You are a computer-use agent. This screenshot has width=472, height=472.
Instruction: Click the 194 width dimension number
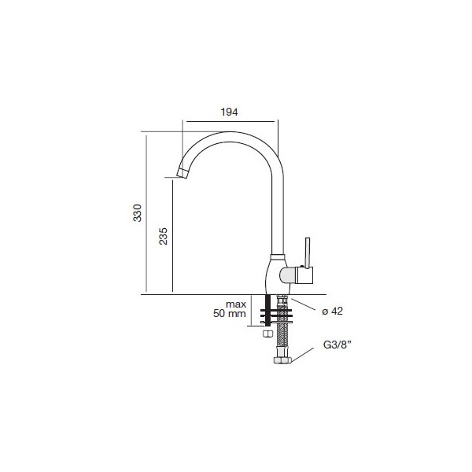pos(230,112)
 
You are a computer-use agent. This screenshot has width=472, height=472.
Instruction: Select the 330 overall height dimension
pos(137,213)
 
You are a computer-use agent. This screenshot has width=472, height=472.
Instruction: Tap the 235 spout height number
pos(163,236)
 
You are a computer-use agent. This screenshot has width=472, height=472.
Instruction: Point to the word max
pos(236,304)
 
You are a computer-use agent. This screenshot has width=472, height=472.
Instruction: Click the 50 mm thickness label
pos(230,313)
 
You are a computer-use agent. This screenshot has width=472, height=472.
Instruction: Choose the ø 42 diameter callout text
pos(332,311)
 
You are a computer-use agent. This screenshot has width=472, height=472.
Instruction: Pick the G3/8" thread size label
pos(337,345)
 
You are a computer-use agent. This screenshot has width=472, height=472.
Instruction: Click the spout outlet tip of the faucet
pos(183,173)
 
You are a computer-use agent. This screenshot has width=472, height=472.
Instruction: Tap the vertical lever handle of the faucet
pos(307,253)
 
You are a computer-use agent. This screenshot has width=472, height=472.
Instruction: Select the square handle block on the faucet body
pos(304,275)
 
